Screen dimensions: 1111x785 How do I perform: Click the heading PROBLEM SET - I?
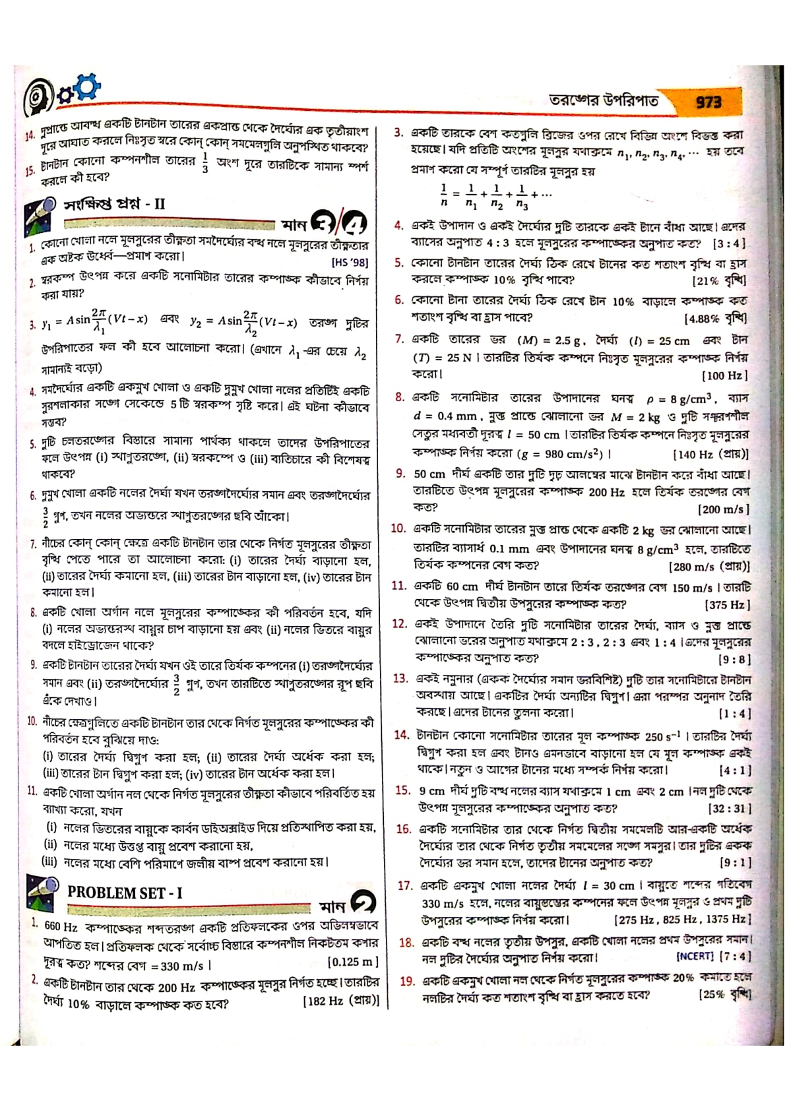click(125, 893)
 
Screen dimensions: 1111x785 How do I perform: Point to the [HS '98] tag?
click(350, 263)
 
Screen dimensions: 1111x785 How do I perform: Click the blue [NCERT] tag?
click(695, 955)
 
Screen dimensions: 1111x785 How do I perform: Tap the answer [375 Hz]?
click(727, 604)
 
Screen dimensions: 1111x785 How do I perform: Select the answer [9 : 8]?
click(734, 659)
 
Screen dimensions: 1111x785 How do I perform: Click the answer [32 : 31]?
click(729, 808)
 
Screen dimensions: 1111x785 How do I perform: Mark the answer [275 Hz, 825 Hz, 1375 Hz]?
click(681, 919)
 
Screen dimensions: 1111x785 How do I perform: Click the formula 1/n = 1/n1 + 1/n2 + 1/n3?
click(495, 195)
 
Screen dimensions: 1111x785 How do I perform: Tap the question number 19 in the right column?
click(406, 981)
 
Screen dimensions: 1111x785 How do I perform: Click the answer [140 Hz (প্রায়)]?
click(710, 455)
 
